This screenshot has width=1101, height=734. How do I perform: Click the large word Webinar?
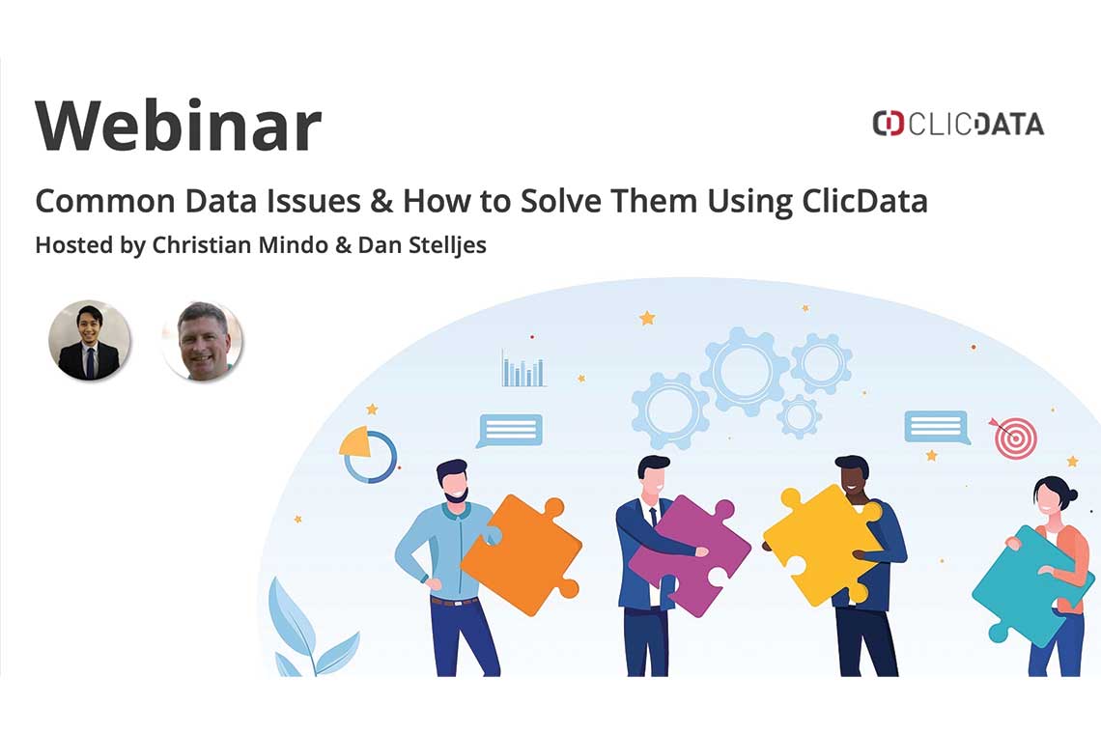[178, 127]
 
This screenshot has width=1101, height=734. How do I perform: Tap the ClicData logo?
[957, 124]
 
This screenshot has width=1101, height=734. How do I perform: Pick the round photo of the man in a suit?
[89, 340]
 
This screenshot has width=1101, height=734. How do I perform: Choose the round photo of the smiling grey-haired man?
[202, 340]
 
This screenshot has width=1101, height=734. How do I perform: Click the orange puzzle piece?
[522, 554]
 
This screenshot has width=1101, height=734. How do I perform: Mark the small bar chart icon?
[522, 369]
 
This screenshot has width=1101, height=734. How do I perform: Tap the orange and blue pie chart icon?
[368, 454]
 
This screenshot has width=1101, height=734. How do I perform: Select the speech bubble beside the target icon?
[936, 427]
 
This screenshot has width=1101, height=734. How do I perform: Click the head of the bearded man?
[452, 480]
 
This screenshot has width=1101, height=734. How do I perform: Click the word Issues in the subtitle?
[328, 202]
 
